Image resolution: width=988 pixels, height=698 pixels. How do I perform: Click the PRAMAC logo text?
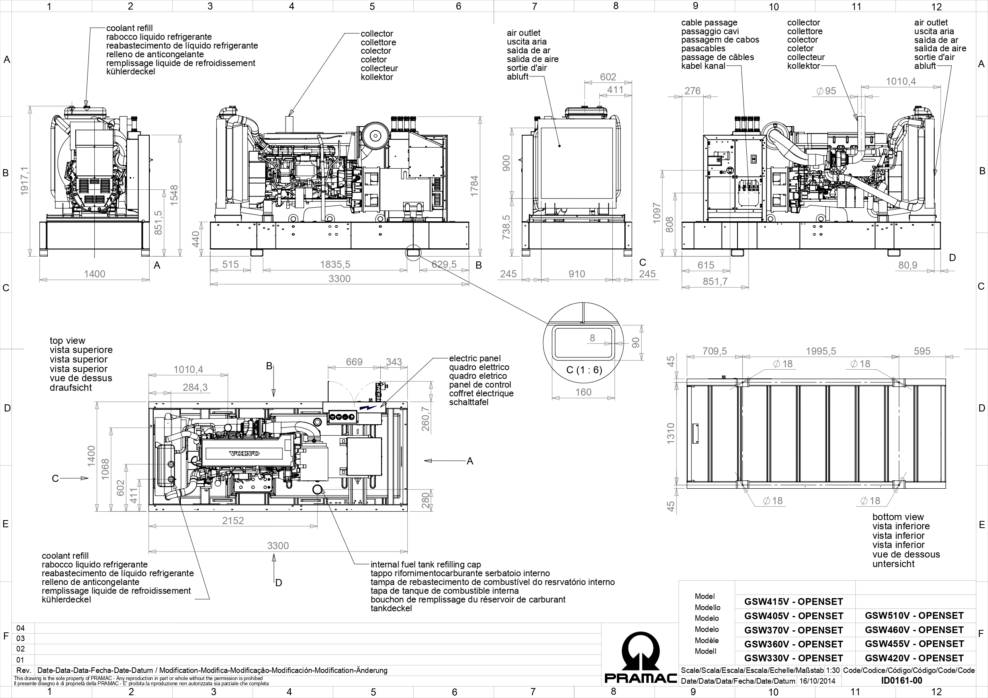(640, 678)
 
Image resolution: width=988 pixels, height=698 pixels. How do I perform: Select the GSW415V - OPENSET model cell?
(794, 602)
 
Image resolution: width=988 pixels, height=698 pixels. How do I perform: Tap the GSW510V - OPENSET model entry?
(914, 616)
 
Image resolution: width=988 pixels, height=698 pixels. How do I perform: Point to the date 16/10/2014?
(817, 681)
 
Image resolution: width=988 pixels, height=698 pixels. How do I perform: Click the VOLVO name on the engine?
(244, 453)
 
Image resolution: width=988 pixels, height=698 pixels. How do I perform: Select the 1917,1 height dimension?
(24, 181)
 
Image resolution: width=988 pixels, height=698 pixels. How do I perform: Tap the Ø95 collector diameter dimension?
(826, 91)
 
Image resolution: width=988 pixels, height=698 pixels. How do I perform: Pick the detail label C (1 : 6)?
(583, 370)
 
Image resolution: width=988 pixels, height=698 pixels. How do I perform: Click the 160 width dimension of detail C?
(583, 392)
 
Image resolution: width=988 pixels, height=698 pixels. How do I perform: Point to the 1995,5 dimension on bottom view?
(821, 351)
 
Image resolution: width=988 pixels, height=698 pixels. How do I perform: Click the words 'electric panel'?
(475, 358)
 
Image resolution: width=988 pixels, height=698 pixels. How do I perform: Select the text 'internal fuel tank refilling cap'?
(426, 564)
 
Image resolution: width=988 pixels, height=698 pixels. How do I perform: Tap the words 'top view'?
(67, 341)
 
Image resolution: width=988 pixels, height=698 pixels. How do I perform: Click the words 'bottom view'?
(898, 517)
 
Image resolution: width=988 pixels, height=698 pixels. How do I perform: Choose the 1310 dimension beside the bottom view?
(670, 433)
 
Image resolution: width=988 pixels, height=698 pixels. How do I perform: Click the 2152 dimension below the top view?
(233, 521)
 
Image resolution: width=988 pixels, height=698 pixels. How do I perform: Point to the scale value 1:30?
(833, 671)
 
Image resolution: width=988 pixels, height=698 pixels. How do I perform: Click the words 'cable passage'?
(709, 22)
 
